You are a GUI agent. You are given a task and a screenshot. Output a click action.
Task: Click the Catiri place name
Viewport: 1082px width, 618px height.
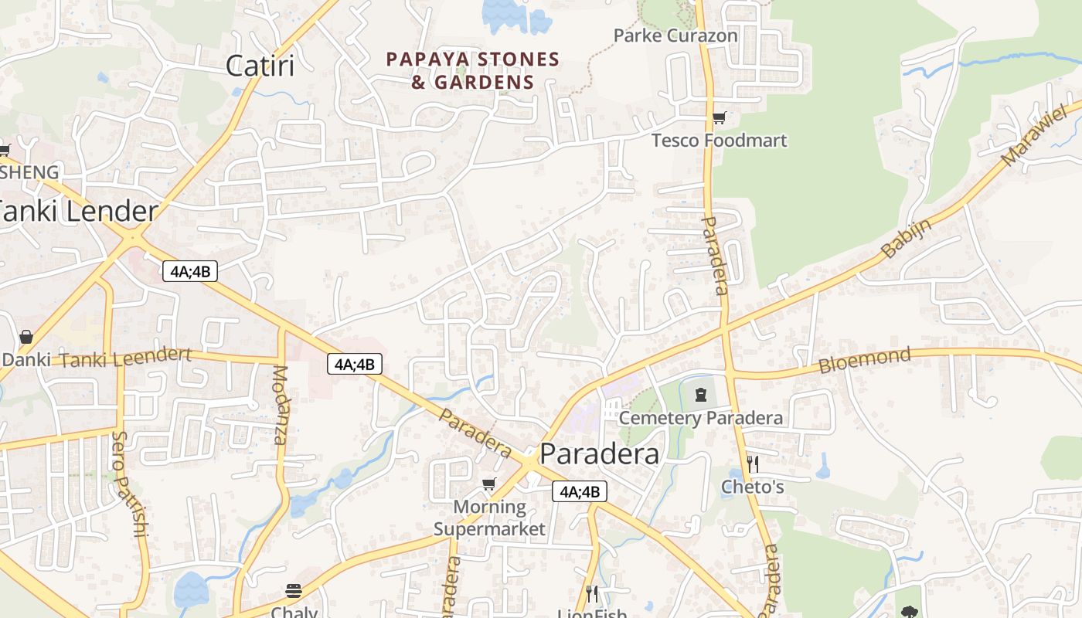pos(260,66)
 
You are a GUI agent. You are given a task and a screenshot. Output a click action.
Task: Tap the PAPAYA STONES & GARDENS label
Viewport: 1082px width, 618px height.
pos(472,70)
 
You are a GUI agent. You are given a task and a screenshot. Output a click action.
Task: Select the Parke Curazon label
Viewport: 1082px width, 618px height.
pos(675,36)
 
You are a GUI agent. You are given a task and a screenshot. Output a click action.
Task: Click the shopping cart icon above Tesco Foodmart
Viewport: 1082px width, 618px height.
pos(719,118)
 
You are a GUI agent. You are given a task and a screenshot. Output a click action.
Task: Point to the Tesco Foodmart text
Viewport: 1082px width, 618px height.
pos(719,141)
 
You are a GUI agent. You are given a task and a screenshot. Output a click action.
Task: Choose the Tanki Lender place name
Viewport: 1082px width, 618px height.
pos(78,212)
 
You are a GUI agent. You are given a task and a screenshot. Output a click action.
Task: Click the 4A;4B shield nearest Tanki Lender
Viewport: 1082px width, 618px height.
pos(190,271)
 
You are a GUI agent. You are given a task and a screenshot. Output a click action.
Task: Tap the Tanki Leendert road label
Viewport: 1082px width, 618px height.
pos(125,358)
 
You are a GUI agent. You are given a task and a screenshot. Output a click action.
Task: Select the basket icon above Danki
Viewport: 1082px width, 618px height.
pos(26,338)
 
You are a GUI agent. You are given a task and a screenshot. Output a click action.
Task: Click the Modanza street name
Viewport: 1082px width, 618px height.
pos(279,405)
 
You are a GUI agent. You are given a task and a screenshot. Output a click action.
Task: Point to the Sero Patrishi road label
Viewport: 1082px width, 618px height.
pos(128,484)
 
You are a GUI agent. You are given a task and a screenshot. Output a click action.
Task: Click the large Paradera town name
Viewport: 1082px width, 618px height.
pos(600,453)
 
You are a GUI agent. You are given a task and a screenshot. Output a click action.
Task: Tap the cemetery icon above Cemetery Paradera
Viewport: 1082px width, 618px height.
pos(701,395)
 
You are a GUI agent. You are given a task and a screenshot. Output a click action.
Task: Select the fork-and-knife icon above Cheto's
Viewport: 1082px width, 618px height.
pos(753,463)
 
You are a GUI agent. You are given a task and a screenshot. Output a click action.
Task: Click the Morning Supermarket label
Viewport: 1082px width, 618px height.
pos(489,518)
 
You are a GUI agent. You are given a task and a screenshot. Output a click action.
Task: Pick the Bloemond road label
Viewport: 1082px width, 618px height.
pos(865,360)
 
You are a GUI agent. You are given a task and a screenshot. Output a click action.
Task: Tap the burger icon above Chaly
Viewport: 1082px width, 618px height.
pos(294,591)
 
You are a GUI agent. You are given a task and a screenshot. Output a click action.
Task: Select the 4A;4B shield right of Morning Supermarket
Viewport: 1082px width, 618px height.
pos(579,491)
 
